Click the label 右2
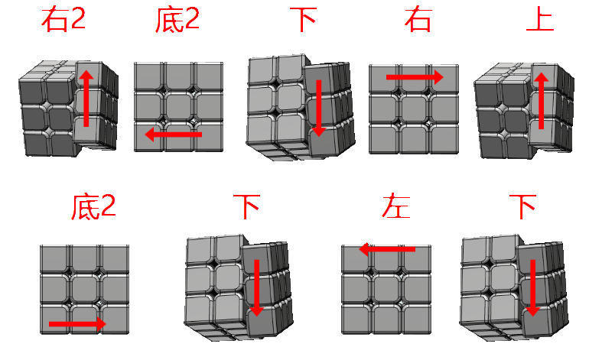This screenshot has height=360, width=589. tap(63, 20)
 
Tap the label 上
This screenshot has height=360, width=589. tap(540, 20)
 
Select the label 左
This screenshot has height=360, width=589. tap(396, 206)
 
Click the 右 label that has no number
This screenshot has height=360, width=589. tap(418, 20)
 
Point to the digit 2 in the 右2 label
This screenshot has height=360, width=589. tap(78, 20)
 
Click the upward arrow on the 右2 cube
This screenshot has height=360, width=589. tap(86, 99)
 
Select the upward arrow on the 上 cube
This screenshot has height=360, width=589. tap(542, 101)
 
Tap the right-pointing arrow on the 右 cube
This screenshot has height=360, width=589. tap(415, 77)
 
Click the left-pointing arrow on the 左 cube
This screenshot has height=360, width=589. tap(387, 249)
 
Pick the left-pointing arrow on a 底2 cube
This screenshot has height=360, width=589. tap(174, 134)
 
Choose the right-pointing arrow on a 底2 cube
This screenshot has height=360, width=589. tap(77, 324)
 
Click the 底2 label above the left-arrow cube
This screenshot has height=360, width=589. tap(177, 20)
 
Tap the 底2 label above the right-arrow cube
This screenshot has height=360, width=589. tap(93, 206)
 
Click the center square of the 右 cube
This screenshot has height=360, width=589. tap(414, 109)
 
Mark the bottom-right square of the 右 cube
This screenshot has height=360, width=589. tap(443, 138)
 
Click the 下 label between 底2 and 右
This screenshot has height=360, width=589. tap(304, 20)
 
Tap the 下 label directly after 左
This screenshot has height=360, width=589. tap(522, 206)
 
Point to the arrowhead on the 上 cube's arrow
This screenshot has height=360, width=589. tap(542, 76)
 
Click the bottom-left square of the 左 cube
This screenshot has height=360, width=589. tap(356, 319)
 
